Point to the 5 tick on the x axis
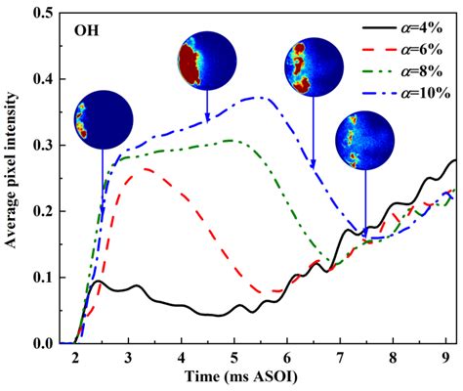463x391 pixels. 234,358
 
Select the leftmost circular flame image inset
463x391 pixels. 103,118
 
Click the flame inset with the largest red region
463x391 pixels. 206,62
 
